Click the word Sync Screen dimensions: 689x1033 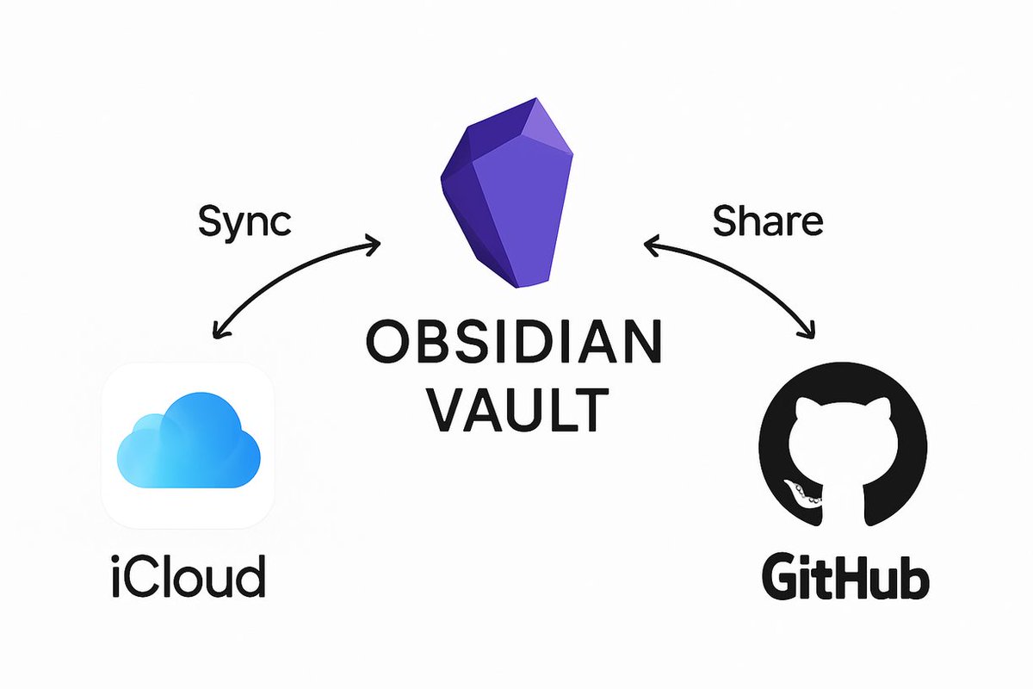245,222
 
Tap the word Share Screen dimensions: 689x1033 768,221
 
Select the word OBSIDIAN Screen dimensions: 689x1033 514,342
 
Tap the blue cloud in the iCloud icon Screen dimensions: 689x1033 188,444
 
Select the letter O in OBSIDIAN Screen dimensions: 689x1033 384,342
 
